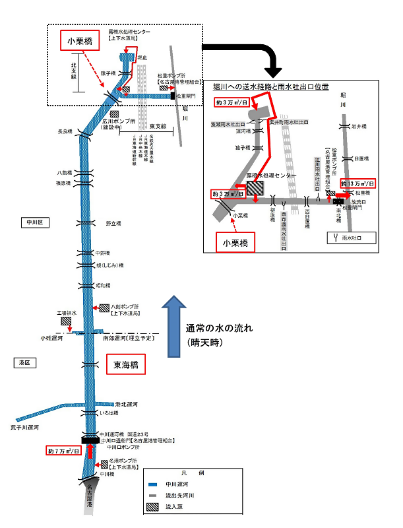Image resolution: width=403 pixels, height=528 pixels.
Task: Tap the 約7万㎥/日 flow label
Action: [64, 451]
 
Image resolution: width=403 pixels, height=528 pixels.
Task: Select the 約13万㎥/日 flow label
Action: [357, 183]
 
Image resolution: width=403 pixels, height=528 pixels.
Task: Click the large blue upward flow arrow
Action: [173, 324]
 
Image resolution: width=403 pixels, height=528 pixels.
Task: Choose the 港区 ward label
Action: [24, 363]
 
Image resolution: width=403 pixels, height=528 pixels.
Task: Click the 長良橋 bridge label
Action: [64, 132]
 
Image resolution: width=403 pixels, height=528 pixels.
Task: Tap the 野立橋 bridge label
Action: [113, 223]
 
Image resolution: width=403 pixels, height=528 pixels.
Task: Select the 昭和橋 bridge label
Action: [102, 286]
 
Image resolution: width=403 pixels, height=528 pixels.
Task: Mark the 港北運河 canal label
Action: [125, 404]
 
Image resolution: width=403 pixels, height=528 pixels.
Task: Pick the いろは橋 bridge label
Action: [108, 413]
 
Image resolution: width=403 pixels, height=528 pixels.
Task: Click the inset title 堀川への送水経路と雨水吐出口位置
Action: [270, 87]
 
